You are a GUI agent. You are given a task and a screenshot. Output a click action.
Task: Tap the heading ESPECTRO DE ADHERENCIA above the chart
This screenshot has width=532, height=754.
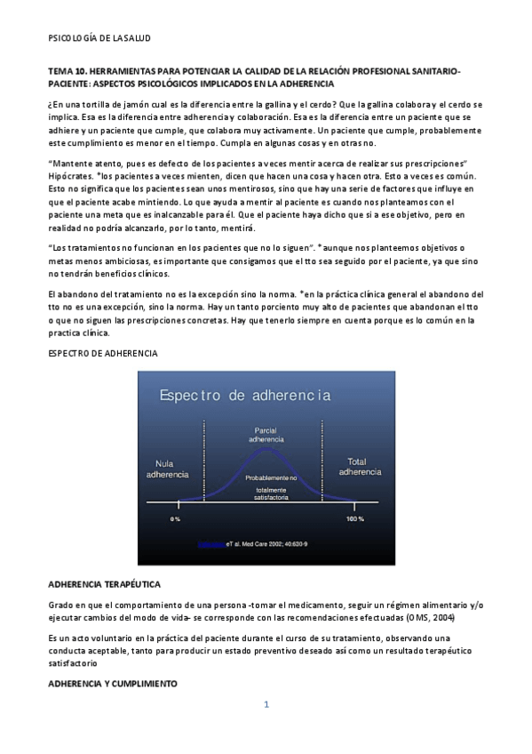click(103, 354)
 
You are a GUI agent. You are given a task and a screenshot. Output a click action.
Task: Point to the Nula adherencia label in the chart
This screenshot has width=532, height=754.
click(167, 469)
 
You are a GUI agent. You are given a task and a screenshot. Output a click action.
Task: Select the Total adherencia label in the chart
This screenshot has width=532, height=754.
click(360, 467)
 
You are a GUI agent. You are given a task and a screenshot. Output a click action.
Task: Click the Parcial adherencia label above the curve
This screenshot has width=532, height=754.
click(266, 435)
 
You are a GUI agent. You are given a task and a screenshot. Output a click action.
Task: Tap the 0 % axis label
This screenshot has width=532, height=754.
click(176, 518)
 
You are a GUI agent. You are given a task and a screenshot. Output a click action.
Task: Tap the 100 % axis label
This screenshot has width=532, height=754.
click(354, 518)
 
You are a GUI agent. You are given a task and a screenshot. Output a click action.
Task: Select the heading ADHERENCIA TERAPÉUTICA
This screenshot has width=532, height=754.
click(104, 584)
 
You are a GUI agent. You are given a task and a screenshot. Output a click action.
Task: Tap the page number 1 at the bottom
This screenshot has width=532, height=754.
click(266, 705)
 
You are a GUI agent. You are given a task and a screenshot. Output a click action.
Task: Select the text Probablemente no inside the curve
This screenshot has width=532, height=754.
click(271, 478)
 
